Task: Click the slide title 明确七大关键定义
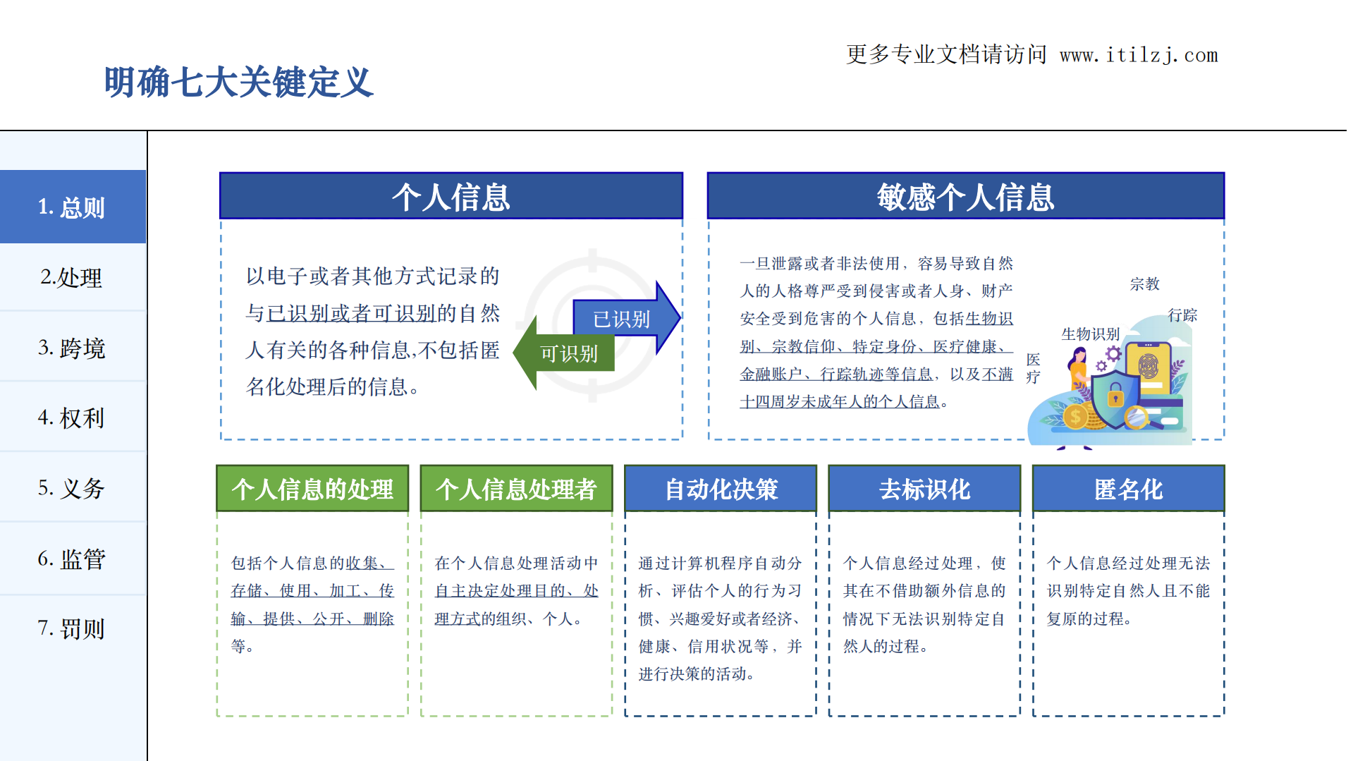tap(238, 83)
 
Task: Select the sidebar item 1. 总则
tap(72, 207)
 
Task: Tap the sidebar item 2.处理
tap(72, 277)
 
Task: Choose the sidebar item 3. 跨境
tap(72, 348)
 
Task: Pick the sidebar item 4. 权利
tap(72, 418)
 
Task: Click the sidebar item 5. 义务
tap(72, 488)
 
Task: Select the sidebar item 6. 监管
tap(72, 559)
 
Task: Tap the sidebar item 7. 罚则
tap(72, 628)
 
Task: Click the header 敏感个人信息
tap(965, 197)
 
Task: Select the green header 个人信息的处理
tap(312, 489)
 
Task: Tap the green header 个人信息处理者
tap(516, 489)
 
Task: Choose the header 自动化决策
tap(721, 489)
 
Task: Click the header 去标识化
tap(924, 489)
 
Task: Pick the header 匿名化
tap(1128, 489)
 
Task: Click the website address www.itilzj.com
tap(1139, 55)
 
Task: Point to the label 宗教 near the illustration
tap(1144, 284)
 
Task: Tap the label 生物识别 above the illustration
tap(1090, 334)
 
